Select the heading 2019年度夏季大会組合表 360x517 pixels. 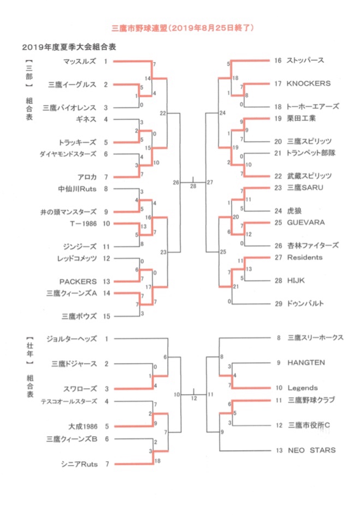coord(69,47)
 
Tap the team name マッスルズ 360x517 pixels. coord(80,61)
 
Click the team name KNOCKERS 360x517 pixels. coord(309,84)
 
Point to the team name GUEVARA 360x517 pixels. coord(306,223)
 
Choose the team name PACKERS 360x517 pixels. coord(78,282)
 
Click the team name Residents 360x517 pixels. coord(305,258)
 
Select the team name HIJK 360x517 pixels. coord(296,281)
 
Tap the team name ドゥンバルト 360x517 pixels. coord(305,304)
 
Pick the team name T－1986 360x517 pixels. coord(84,224)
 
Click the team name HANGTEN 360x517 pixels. coord(306,363)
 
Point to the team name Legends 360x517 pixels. coord(303,388)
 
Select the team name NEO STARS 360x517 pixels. coord(312,450)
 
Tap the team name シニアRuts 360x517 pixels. coord(80,464)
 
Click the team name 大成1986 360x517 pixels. coord(83,427)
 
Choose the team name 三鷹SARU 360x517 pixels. coord(305,188)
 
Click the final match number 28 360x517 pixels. coord(193,186)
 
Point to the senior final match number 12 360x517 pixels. coord(194,399)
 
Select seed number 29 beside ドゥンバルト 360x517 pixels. coord(279,304)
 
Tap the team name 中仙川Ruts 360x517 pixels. coord(77,189)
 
